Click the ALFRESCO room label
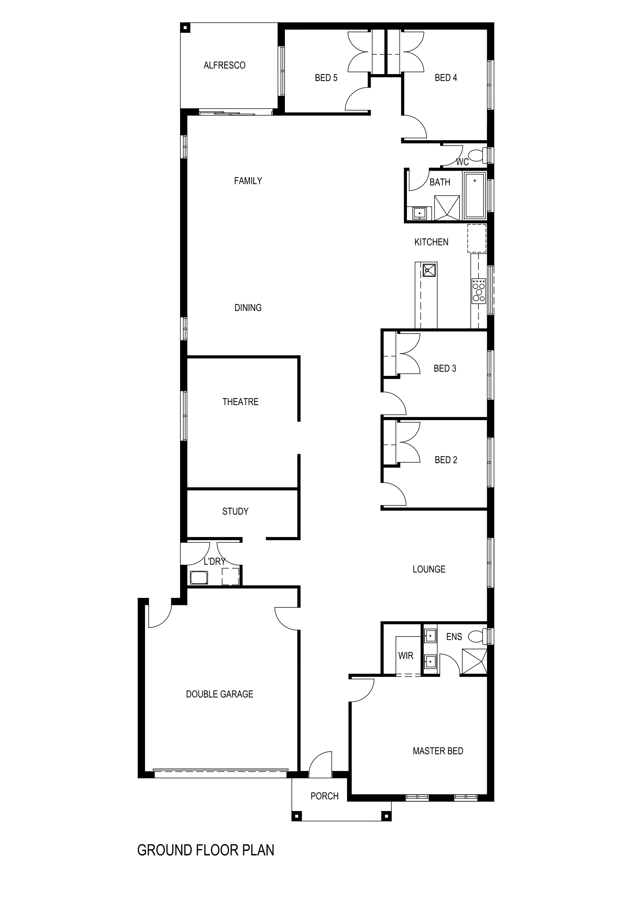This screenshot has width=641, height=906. point(224,65)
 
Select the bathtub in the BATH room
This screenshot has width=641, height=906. point(475,195)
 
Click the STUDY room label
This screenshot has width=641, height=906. point(235,511)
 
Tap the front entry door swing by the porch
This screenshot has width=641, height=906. point(320,765)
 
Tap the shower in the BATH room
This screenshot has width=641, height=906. point(447,208)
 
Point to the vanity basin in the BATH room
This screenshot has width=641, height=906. point(419,213)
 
